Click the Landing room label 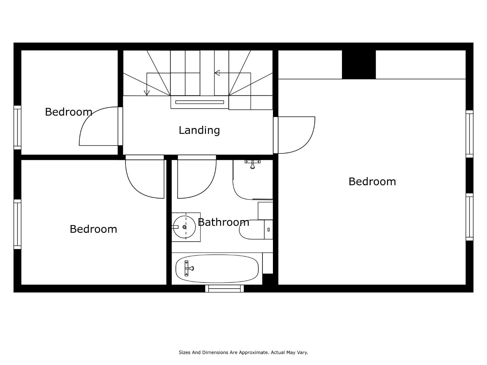click(199, 130)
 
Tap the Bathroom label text click(224, 222)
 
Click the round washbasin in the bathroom click(184, 227)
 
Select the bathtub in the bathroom click(217, 269)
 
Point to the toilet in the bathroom click(256, 229)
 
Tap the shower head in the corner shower click(253, 164)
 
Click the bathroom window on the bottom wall click(225, 289)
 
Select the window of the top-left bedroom click(18, 128)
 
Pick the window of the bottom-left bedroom click(18, 224)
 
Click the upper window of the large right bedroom click(469, 134)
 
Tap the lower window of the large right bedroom click(469, 217)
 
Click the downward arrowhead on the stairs click(147, 93)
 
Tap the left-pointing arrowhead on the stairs click(217, 73)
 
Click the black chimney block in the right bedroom click(359, 65)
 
